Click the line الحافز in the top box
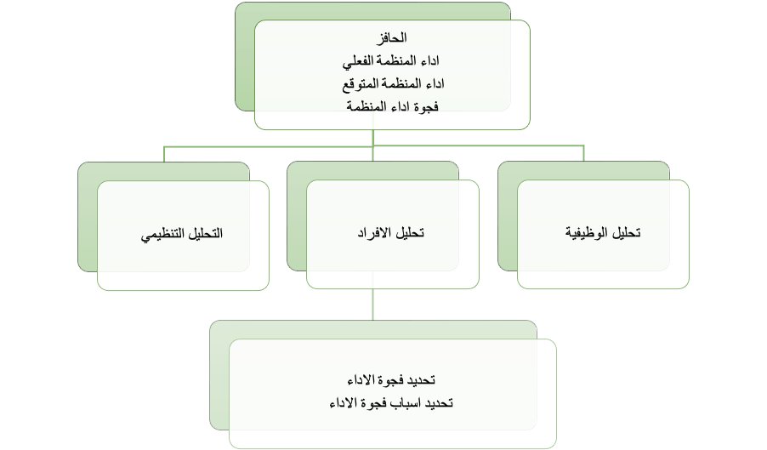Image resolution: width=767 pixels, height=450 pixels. [x=392, y=38]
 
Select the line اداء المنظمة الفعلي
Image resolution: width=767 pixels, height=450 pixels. [x=392, y=61]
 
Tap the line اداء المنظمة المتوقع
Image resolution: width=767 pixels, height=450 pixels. [x=392, y=83]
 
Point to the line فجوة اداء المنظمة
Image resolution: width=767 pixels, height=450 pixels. [x=392, y=106]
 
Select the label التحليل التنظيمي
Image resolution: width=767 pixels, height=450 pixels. [x=182, y=234]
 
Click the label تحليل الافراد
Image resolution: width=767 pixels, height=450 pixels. [x=392, y=234]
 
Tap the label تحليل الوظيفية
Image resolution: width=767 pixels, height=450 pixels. [x=603, y=234]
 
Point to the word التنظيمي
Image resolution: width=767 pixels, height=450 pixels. [x=164, y=234]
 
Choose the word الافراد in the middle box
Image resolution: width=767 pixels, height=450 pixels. [x=378, y=234]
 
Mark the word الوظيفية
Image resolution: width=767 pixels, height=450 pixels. [x=588, y=234]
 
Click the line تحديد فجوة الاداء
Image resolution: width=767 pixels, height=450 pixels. [x=392, y=379]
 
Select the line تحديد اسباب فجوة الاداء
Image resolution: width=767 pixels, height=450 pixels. [x=392, y=402]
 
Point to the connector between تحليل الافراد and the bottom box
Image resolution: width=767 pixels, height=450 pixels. [x=373, y=305]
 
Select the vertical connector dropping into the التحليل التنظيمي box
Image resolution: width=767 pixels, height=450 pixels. [x=164, y=154]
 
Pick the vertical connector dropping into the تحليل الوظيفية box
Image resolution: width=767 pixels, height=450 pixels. [x=583, y=154]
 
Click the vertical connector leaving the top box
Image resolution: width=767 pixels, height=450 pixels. [x=373, y=138]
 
